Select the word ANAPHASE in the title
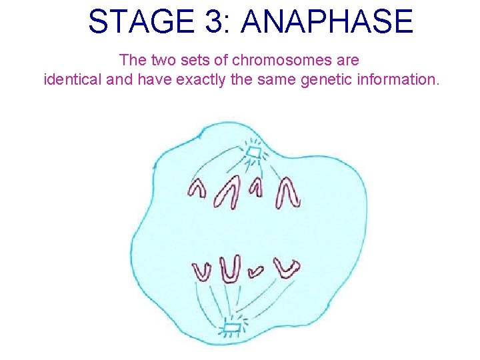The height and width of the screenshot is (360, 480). tap(327, 22)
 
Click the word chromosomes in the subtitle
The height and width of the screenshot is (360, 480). tap(273, 60)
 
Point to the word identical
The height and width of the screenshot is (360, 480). tap(71, 80)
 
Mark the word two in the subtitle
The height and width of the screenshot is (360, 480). tap(163, 60)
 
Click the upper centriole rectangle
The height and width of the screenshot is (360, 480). tap(253, 155)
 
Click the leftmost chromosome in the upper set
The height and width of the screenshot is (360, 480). tap(197, 188)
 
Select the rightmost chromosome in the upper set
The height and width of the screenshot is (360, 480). tap(289, 191)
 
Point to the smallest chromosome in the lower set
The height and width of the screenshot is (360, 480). tap(255, 270)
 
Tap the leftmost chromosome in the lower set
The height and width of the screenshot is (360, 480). tap(202, 270)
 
